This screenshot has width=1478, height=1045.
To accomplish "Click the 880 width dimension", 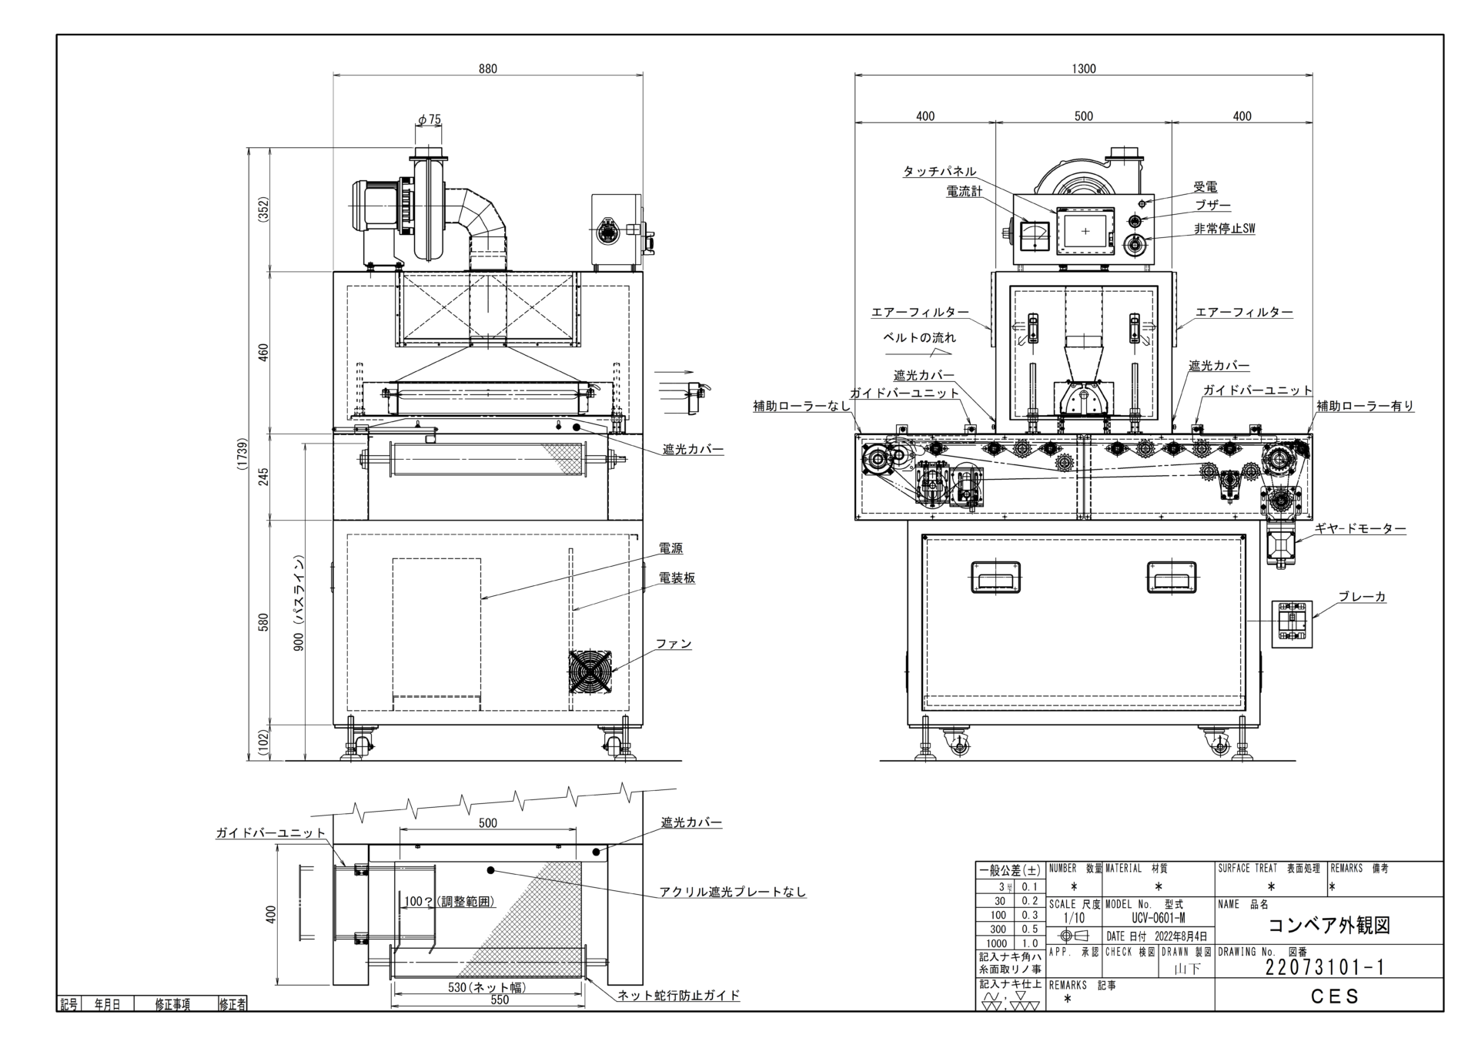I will [x=488, y=69].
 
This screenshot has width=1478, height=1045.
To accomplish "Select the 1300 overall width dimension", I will [x=1083, y=69].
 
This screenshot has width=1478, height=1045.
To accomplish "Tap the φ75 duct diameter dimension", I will [x=430, y=119].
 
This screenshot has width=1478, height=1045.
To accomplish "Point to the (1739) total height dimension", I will [x=242, y=454].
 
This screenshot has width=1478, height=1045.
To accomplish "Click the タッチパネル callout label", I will [x=939, y=172].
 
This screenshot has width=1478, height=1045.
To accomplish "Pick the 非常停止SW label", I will [x=1224, y=229].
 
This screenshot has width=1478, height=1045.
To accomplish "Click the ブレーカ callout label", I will [x=1362, y=597].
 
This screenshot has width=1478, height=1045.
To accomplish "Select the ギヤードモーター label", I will [x=1359, y=529].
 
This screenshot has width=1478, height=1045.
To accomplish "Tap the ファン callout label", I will [x=674, y=644].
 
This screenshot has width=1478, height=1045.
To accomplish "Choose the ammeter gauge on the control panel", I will [x=1033, y=236].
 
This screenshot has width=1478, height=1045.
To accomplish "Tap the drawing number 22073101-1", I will [x=1324, y=967].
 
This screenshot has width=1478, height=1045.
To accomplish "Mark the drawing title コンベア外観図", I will [x=1329, y=925].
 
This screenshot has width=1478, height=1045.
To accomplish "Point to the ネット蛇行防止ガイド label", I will [x=679, y=995].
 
